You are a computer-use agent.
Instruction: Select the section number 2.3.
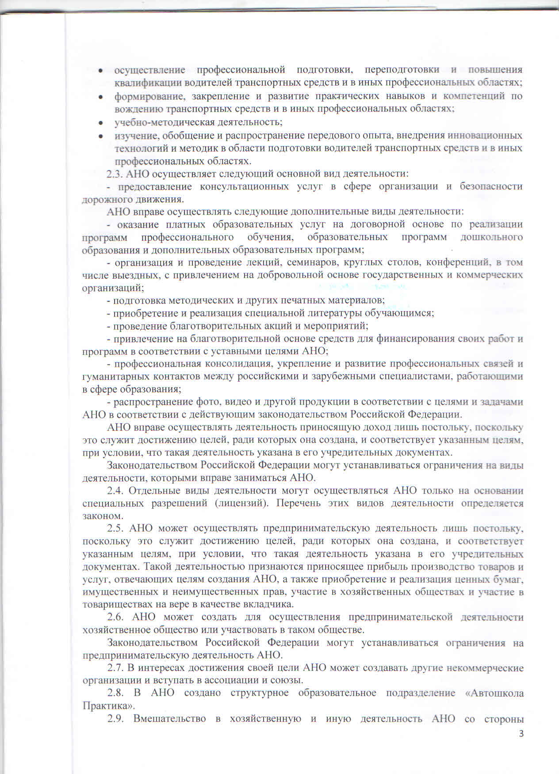tap(115, 173)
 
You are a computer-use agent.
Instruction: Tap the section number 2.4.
tap(117, 490)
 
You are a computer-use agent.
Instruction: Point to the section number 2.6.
tap(117, 617)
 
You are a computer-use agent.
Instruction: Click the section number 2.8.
tap(117, 693)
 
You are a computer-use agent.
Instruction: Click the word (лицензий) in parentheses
tap(240, 503)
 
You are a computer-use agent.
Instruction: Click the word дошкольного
tap(492, 237)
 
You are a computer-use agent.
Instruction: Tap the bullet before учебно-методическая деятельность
tap(101, 122)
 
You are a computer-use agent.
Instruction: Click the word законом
tap(101, 516)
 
